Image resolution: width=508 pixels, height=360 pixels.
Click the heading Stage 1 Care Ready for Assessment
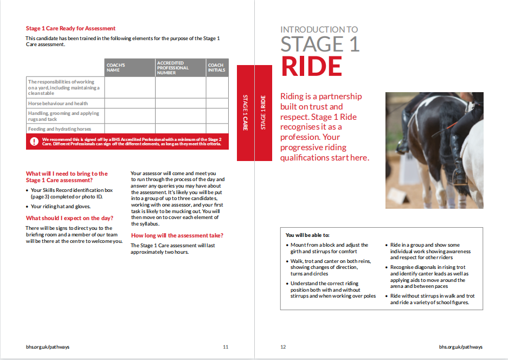(70, 28)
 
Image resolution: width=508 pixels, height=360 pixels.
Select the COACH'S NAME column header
(115, 68)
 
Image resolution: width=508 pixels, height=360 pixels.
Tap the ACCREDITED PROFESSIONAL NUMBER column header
(173, 68)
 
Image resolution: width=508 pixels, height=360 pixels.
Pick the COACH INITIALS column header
(216, 68)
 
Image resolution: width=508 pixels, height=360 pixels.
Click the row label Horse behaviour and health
(58, 103)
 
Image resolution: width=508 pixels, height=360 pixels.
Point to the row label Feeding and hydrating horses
(60, 129)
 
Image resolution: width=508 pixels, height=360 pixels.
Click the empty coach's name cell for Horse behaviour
(130, 103)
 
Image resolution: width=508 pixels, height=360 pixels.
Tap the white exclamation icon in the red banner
(34, 142)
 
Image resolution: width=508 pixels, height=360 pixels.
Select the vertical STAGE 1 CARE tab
(245, 113)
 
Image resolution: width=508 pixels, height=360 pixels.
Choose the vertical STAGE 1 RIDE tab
(263, 113)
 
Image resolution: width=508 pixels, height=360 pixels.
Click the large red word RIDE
(311, 66)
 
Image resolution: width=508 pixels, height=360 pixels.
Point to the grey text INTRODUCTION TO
(319, 30)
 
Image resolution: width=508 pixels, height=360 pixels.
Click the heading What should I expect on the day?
(69, 218)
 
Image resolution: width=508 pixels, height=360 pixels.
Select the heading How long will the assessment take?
(177, 235)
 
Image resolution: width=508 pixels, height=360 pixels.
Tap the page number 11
(226, 347)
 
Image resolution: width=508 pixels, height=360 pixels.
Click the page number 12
(283, 347)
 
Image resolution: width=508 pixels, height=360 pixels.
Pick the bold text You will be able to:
(307, 235)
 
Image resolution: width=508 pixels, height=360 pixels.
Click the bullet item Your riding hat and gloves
(60, 207)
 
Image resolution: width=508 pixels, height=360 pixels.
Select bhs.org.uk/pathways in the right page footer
(460, 347)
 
